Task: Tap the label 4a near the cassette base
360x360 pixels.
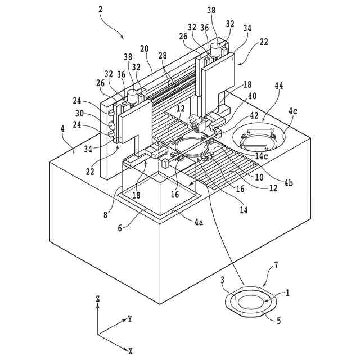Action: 199,222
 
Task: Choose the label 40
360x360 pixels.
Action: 252,96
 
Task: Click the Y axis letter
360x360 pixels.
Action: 130,318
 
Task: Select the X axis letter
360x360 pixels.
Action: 130,351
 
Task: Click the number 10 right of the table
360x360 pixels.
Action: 260,177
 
